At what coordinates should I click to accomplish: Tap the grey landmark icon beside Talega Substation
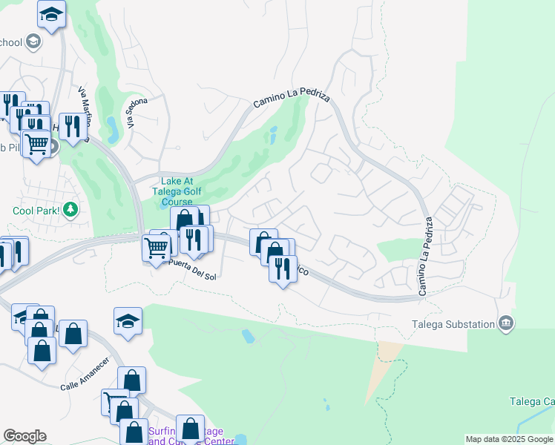pyautogui.click(x=506, y=323)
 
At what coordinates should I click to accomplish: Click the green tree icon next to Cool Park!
pyautogui.click(x=70, y=210)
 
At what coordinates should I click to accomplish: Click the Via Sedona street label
pyautogui.click(x=137, y=113)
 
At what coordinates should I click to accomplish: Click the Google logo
pyautogui.click(x=24, y=436)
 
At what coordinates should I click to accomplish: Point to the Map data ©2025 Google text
pyautogui.click(x=509, y=439)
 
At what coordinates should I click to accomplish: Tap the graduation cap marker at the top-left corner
pyautogui.click(x=51, y=14)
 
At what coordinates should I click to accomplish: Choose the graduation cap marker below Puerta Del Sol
pyautogui.click(x=128, y=322)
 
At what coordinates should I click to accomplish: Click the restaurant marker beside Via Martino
pyautogui.click(x=72, y=127)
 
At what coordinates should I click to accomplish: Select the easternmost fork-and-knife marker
pyautogui.click(x=283, y=269)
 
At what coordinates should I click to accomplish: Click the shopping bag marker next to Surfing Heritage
pyautogui.click(x=191, y=429)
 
